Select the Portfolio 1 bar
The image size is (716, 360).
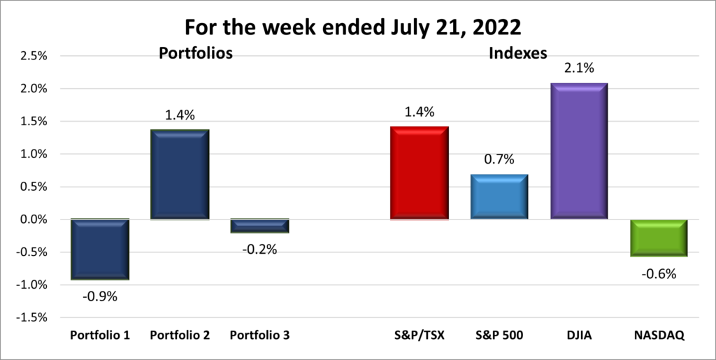99,249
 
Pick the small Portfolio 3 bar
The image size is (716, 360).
259,226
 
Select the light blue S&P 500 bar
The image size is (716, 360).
499,197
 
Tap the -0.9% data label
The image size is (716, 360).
99,296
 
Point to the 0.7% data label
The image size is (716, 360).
499,159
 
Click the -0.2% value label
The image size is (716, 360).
259,249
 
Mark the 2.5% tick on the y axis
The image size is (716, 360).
31,56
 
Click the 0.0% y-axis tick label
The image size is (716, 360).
31,219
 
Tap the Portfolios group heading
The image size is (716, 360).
196,53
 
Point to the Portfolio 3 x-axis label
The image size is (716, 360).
259,336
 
